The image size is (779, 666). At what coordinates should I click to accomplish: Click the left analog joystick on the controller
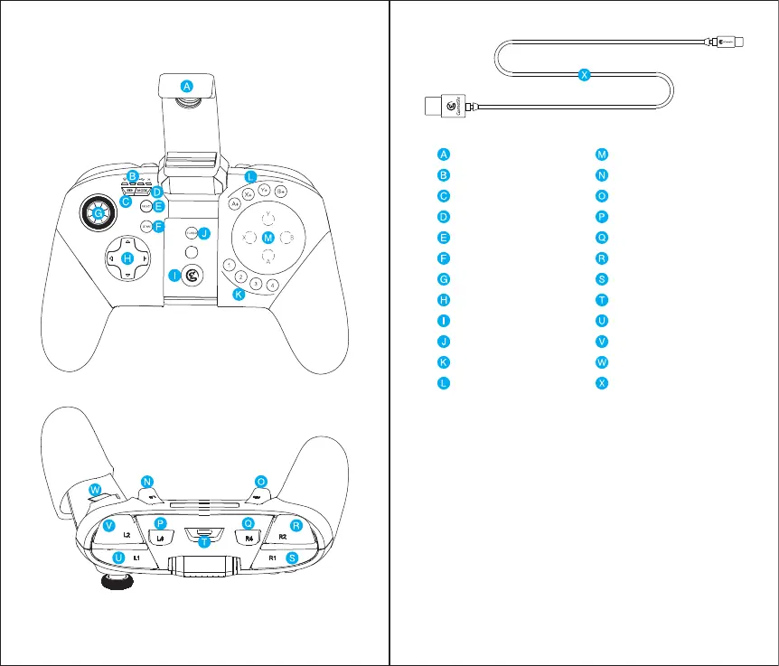98,212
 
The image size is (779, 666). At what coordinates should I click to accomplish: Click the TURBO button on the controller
190,233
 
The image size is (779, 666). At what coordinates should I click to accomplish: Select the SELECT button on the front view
145,206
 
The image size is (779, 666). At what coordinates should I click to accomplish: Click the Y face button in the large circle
267,217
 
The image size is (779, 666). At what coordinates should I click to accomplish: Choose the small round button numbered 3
257,284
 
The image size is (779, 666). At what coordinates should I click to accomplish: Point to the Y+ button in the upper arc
264,191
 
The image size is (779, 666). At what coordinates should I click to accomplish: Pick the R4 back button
249,539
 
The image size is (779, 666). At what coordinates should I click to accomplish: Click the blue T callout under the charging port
205,543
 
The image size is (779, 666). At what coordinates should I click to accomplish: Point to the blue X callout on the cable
584,76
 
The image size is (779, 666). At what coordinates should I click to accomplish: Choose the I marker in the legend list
443,320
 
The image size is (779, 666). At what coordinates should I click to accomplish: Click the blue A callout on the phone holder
186,86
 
